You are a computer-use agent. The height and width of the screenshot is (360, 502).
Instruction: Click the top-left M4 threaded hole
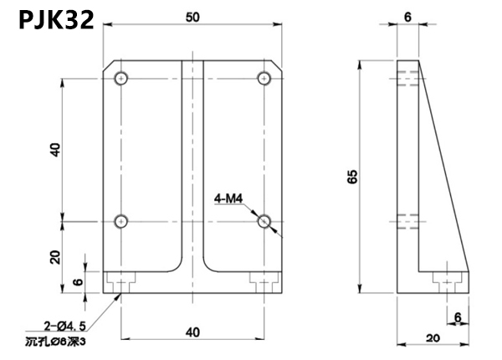122,79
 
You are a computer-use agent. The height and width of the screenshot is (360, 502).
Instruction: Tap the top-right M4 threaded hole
264,79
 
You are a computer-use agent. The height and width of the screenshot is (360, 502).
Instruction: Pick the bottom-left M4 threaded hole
122,222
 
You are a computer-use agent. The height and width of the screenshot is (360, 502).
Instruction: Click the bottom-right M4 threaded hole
264,222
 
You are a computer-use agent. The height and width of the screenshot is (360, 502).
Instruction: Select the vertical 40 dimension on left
55,151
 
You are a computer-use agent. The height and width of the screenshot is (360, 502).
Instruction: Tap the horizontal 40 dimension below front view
193,332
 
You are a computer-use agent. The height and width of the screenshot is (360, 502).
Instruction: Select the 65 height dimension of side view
353,177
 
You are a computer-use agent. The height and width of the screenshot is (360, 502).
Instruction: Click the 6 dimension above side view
407,17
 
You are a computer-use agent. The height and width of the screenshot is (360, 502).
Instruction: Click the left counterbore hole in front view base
122,281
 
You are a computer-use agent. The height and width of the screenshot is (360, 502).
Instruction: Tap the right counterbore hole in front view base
264,281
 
